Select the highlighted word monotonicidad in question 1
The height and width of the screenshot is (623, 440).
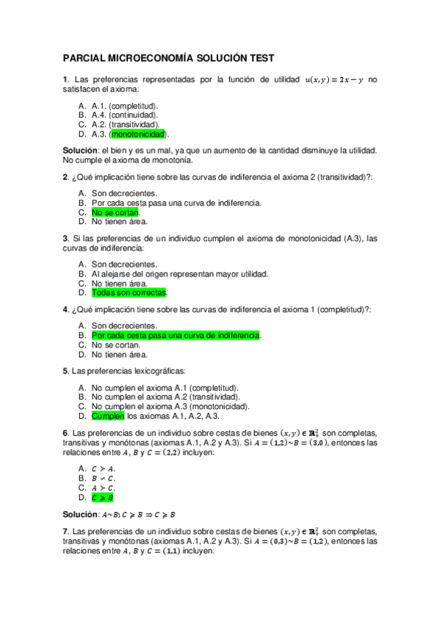point(139,134)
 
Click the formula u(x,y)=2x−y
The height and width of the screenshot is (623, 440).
point(333,79)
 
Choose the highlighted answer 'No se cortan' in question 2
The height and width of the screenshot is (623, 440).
point(115,212)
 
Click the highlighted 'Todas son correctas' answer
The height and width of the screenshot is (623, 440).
point(129,292)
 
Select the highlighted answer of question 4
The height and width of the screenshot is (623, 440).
point(176,335)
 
